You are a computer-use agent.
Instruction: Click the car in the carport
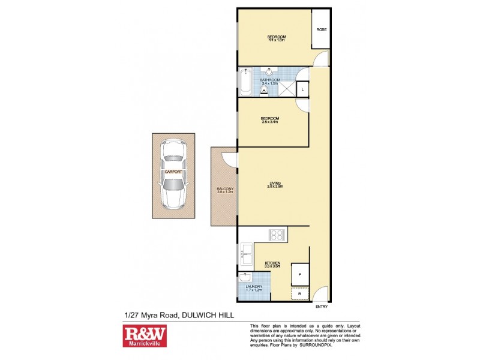point(173,174)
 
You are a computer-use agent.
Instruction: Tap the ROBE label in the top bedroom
point(321,29)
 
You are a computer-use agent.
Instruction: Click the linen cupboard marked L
point(303,89)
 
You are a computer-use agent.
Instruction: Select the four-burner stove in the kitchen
point(278,234)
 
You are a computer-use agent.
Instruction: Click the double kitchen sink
point(245,254)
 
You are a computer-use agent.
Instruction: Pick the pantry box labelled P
point(300,274)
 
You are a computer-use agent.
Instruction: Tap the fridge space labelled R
point(300,294)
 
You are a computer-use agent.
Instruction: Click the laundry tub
point(245,277)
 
